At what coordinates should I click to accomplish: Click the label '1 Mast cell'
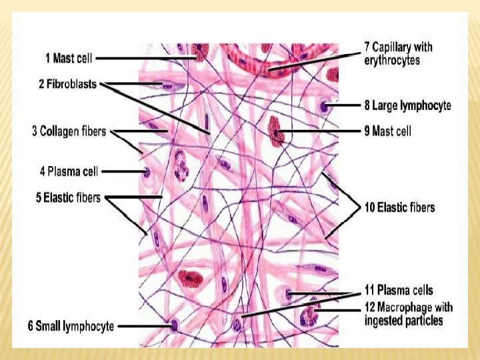[69, 59]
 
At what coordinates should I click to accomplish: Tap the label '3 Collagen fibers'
[69, 131]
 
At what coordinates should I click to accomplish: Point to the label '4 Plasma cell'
[69, 171]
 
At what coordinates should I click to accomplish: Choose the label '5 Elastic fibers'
[67, 198]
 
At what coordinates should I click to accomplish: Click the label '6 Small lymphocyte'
[71, 327]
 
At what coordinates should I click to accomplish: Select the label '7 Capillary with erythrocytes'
[398, 53]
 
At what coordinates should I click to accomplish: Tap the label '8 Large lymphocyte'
[407, 105]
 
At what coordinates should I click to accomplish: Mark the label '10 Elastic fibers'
[399, 207]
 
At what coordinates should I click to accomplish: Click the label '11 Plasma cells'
[398, 290]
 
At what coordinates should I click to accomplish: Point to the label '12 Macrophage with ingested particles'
[408, 313]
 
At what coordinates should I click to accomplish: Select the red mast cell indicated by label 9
[275, 131]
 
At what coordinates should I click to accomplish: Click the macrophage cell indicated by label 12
[309, 314]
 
